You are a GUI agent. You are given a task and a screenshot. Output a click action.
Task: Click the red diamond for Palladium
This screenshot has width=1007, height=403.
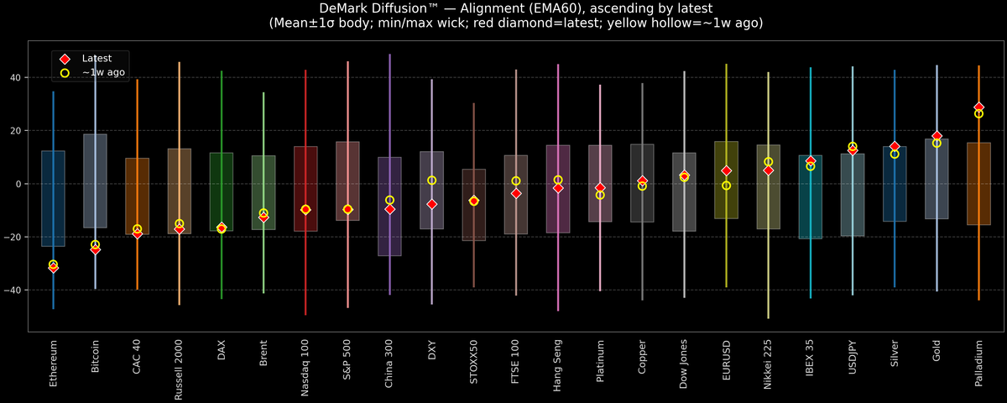pos(978,107)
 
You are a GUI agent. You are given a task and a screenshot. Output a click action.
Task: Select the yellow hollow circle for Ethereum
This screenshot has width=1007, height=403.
pos(53,264)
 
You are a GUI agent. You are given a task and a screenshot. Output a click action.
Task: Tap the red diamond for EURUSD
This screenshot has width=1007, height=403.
pos(726,171)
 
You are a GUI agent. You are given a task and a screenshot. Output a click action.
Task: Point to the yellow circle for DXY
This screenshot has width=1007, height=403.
pos(431,181)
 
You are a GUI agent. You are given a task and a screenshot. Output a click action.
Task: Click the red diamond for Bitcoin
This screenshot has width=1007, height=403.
pos(95,249)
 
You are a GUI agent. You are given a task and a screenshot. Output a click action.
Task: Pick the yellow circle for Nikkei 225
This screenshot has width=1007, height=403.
pos(768,162)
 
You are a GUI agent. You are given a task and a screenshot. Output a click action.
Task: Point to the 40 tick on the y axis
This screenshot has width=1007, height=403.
pos(16,78)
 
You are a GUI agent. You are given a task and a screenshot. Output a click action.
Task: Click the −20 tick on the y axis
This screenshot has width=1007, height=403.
pos(13,238)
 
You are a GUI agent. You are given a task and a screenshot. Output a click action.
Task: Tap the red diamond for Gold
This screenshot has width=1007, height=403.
pos(937,136)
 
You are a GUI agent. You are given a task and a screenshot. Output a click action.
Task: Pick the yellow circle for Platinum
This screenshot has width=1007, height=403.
pos(600,195)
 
